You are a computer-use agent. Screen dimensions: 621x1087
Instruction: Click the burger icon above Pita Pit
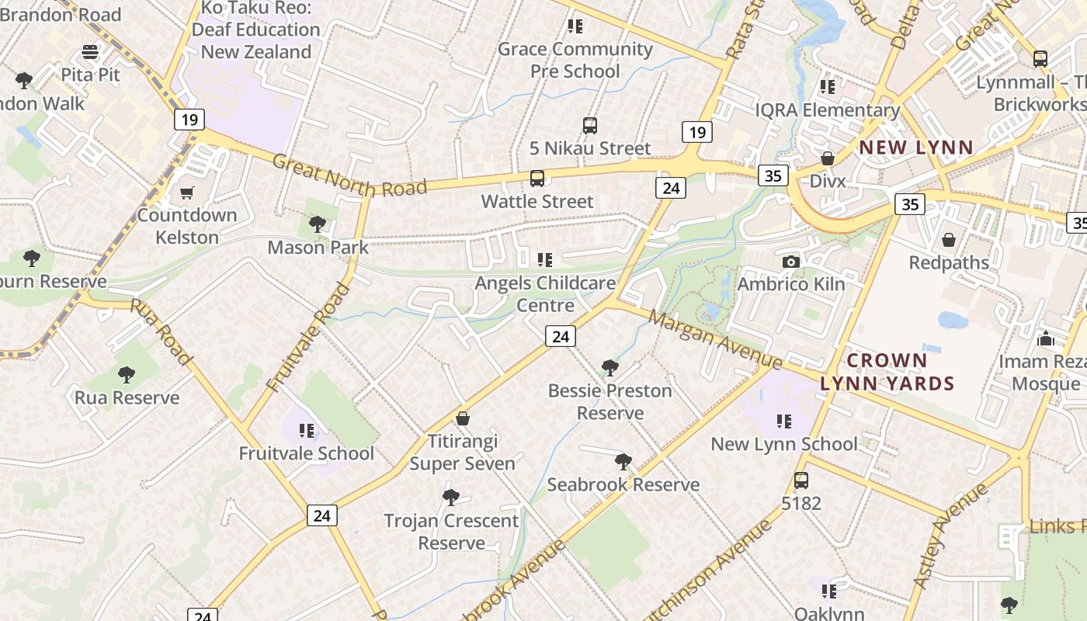coord(91,52)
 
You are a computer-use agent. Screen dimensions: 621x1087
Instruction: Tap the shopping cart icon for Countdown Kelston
coord(186,193)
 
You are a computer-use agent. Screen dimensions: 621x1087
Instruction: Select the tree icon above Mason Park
coord(317,225)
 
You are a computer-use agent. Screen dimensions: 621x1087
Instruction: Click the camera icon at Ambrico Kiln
coord(791,262)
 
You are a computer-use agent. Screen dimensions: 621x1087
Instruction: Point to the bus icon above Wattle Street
coord(537,179)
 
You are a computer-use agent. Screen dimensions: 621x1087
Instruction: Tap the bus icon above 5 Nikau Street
coord(590,126)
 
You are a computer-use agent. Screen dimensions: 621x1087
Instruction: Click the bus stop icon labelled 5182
coord(800,480)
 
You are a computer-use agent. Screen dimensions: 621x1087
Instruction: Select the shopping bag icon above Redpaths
coord(948,240)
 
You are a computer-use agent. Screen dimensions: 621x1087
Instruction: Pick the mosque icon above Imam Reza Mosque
coord(1045,339)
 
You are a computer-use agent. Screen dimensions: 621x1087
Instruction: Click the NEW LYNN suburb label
coord(915,147)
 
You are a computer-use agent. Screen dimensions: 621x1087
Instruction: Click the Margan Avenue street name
coord(715,340)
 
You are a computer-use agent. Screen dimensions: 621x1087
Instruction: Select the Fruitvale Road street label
coord(308,338)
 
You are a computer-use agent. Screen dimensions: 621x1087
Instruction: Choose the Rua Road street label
coord(161,331)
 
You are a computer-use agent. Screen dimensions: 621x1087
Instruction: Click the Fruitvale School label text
coord(306,453)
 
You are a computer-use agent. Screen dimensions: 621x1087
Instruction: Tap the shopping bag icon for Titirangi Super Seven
coord(463,419)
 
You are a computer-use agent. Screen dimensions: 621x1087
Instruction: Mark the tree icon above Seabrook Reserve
coord(623,462)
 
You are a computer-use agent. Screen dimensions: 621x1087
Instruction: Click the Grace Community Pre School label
coord(575,60)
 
